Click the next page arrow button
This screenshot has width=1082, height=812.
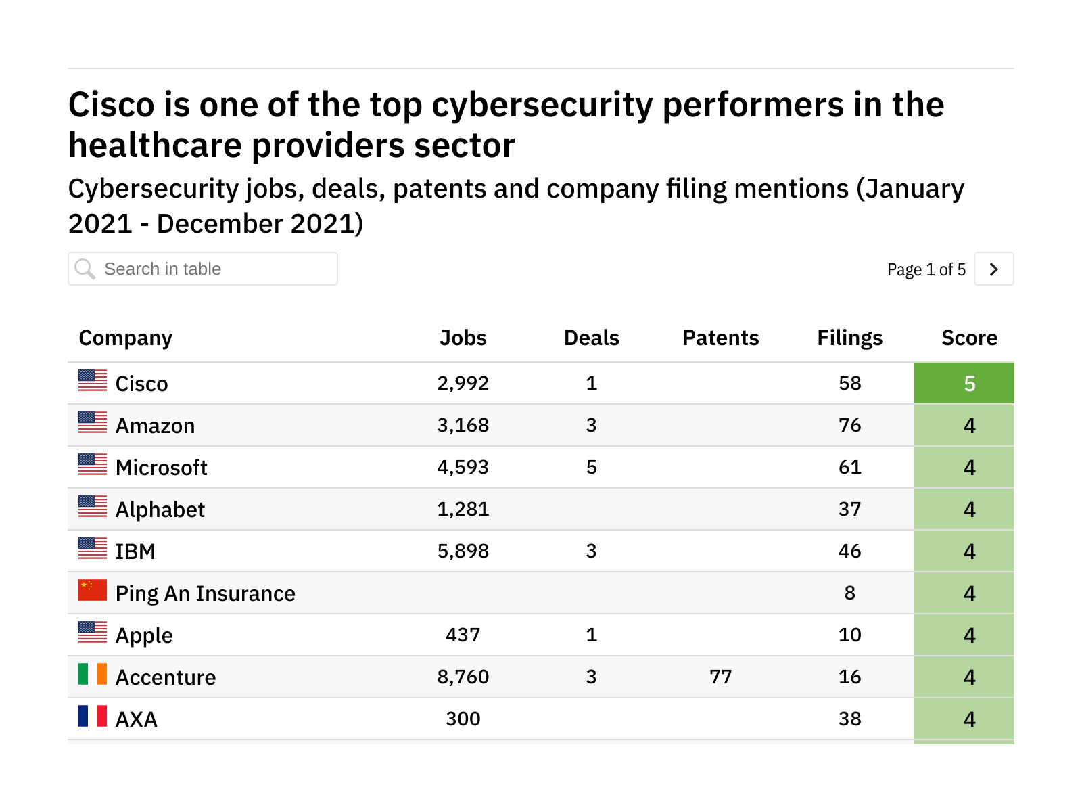993,269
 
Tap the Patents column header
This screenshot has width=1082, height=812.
720,338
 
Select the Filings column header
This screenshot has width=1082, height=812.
849,338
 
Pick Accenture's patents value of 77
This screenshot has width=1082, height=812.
720,677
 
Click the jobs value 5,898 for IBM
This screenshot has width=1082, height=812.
463,551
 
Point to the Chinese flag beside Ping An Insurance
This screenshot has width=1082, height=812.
93,590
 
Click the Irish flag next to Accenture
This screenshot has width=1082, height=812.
93,674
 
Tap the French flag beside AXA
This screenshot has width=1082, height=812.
93,716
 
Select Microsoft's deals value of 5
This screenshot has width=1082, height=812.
591,467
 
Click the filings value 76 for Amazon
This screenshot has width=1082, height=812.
849,425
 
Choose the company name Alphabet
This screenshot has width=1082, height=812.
160,510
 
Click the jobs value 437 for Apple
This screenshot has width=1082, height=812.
463,635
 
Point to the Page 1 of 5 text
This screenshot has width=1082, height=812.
926,269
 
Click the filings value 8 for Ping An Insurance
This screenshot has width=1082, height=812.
849,593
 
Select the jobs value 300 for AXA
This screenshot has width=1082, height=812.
463,719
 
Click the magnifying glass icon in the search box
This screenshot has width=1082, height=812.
85,269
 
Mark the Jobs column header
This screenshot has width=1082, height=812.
463,338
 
